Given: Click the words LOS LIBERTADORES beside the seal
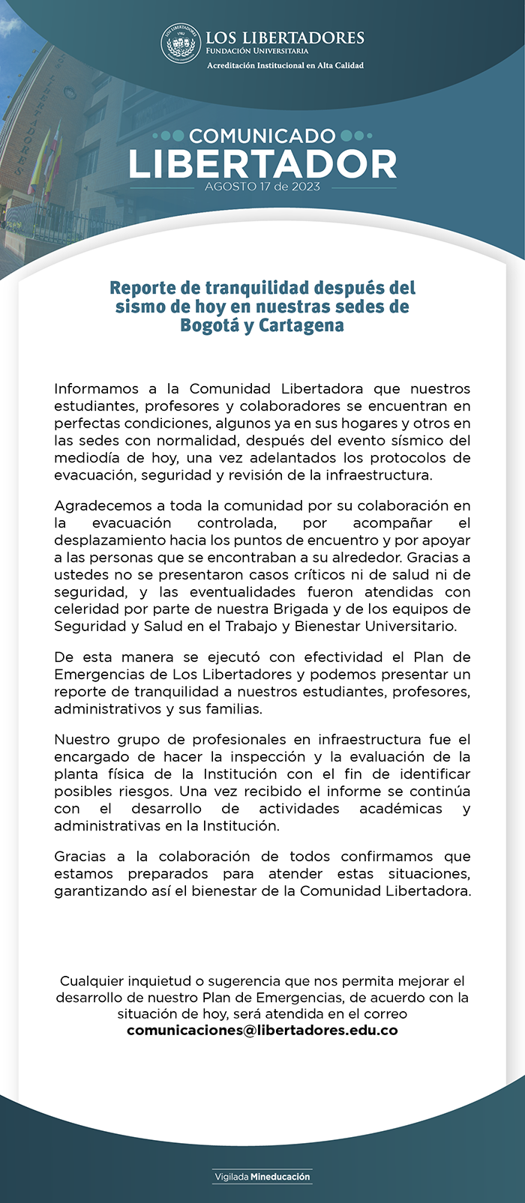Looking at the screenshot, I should coord(285,37).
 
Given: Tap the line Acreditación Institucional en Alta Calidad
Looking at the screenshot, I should coord(285,66).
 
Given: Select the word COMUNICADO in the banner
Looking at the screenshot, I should coord(262,136).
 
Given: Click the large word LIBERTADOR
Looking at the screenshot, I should coord(262,164).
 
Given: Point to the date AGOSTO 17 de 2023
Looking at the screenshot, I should coord(262,187).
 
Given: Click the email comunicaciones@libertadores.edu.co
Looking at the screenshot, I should coord(262,1030).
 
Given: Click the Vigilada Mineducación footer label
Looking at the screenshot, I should coord(262,1177).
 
